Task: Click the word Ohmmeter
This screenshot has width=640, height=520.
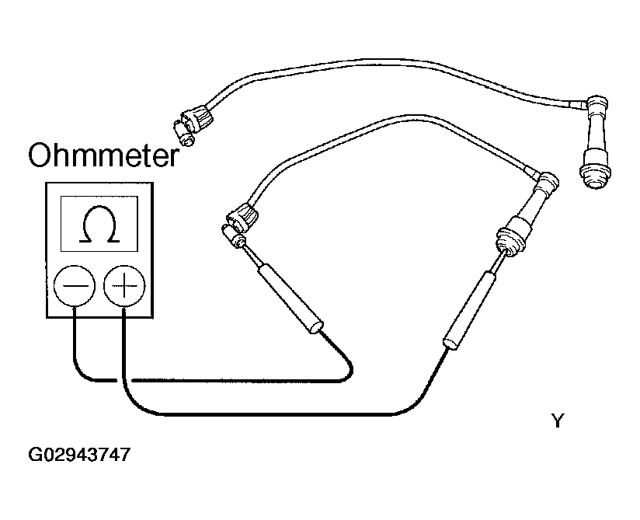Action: pyautogui.click(x=103, y=155)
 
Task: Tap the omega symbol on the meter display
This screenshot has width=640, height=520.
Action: pyautogui.click(x=99, y=225)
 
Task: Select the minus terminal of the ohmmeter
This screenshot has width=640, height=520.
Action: pyautogui.click(x=75, y=285)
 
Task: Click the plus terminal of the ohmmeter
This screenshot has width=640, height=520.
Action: pyautogui.click(x=124, y=285)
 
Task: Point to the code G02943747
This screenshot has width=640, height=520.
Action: pyautogui.click(x=79, y=454)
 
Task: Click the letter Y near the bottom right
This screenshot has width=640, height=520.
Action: pyautogui.click(x=558, y=421)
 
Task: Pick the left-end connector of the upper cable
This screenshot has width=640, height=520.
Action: pyautogui.click(x=193, y=123)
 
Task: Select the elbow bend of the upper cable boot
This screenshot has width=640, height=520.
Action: pyautogui.click(x=597, y=103)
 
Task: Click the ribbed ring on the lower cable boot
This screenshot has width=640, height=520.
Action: pyautogui.click(x=510, y=241)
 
